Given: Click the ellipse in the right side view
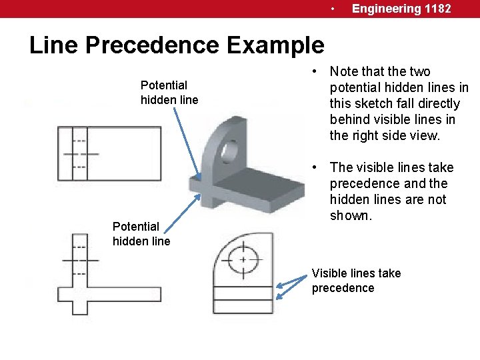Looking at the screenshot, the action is tap(243, 260).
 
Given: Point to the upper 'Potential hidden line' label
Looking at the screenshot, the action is tap(169, 93).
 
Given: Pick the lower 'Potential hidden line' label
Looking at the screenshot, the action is tap(141, 234).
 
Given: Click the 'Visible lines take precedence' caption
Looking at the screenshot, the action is tap(356, 281).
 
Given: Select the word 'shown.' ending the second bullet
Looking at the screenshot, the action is tap(349, 216).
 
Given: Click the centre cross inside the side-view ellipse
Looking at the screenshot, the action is tap(243, 259).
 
